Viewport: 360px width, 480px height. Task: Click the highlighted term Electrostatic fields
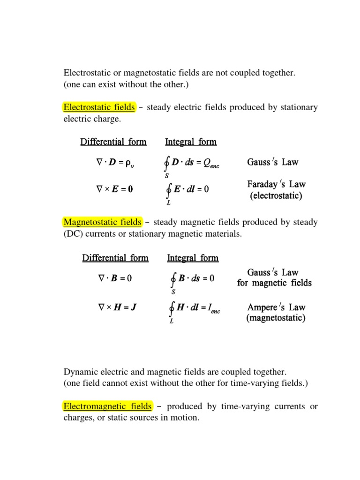tap(99, 107)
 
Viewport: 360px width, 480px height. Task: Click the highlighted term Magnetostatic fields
tap(102, 222)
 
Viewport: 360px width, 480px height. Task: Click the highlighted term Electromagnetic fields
tap(108, 406)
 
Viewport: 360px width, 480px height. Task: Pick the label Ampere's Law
tap(276, 307)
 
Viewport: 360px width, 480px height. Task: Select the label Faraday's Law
tap(277, 184)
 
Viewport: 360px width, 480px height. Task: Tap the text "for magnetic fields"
tap(274, 283)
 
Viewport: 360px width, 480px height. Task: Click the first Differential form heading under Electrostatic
tap(113, 142)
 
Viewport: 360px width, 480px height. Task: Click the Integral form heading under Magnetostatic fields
tap(193, 258)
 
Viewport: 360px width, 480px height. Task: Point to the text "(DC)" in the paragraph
tap(72, 234)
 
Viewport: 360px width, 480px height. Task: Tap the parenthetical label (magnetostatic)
tap(276, 318)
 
